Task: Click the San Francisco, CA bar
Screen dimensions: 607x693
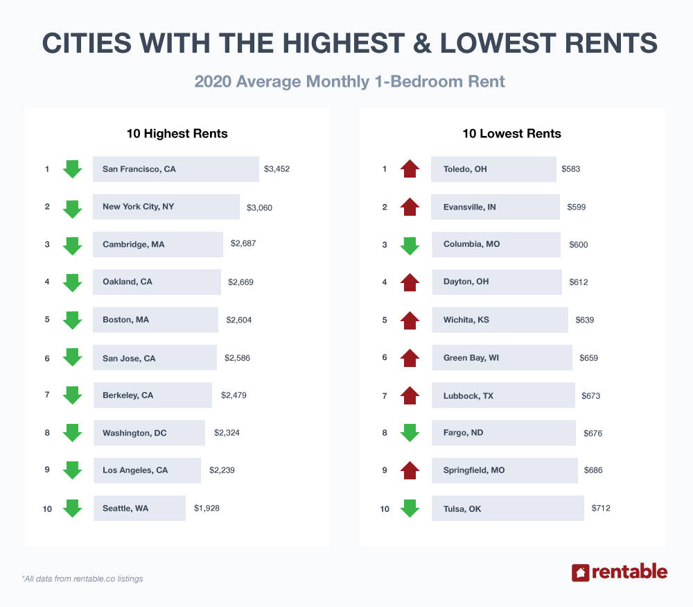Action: (175, 169)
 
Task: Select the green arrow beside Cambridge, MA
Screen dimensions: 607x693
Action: (73, 244)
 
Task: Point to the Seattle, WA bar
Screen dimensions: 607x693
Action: (139, 508)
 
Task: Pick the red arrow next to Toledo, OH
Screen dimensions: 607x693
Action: (410, 169)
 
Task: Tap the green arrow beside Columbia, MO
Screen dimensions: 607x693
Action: (410, 244)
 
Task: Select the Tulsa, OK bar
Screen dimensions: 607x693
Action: (507, 508)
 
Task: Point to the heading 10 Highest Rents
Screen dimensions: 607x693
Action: (177, 133)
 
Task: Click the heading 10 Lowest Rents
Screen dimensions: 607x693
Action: (511, 133)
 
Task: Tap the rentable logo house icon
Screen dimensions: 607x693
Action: (580, 572)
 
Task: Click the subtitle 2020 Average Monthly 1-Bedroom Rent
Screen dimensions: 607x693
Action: (349, 81)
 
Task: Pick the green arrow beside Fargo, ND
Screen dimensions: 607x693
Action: (410, 433)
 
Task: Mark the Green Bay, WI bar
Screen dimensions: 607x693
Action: (502, 358)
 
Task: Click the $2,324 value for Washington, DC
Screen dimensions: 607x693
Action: (227, 433)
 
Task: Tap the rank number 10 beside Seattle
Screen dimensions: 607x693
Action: (47, 508)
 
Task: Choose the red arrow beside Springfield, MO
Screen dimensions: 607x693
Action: (410, 470)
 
